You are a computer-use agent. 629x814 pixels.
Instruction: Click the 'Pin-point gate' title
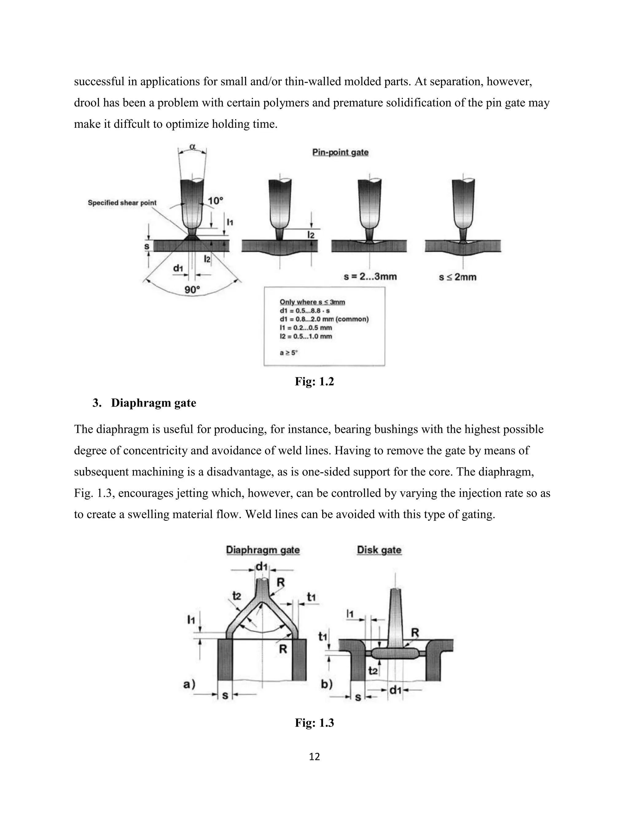click(x=340, y=152)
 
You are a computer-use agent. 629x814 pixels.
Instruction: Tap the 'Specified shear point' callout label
click(x=122, y=203)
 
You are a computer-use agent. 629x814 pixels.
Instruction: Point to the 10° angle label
click(x=215, y=201)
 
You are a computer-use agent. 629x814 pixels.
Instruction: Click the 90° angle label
click(x=192, y=290)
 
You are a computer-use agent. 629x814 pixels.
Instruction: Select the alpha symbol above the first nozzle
click(x=192, y=147)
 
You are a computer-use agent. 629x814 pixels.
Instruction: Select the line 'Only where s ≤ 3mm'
click(x=312, y=302)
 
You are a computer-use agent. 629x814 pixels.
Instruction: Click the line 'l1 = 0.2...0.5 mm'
click(x=306, y=328)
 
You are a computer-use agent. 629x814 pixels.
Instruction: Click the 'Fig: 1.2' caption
click(x=314, y=381)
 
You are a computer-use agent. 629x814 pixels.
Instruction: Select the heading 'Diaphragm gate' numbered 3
click(x=153, y=403)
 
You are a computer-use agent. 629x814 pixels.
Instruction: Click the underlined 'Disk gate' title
click(x=379, y=550)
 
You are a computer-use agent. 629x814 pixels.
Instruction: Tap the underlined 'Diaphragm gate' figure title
click(x=263, y=550)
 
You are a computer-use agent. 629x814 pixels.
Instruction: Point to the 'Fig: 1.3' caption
click(x=314, y=723)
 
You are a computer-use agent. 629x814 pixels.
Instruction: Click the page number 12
click(x=314, y=757)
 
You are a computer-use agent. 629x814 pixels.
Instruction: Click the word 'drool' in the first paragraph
click(x=86, y=103)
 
